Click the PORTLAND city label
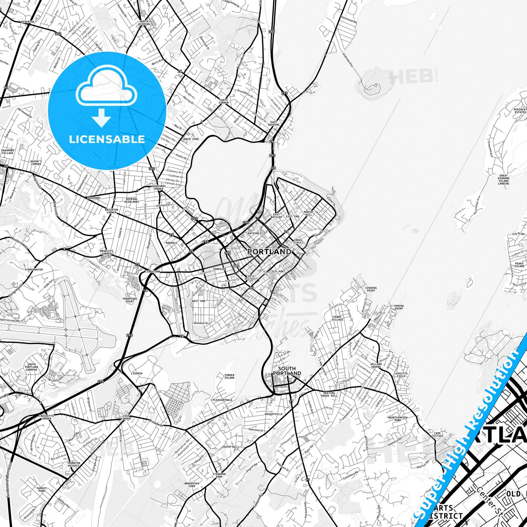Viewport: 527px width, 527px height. pos(269,252)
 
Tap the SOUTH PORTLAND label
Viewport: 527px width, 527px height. pos(287,371)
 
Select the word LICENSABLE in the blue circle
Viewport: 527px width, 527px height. pos(107,139)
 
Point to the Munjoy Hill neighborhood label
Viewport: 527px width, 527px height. pos(308,213)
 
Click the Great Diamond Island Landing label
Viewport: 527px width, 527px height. pos(504,179)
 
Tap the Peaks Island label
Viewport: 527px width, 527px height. pos(519,265)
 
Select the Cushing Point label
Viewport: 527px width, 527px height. pos(371,289)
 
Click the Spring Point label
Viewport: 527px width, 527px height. pos(399,307)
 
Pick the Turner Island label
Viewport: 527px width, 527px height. pos(229,376)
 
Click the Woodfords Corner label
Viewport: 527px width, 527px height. pos(158,187)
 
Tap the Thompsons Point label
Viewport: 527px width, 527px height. pos(130,300)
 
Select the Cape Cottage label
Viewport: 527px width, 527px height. pos(437,434)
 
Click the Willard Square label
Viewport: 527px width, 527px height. pos(376,365)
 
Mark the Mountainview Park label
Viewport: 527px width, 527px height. pos(398,419)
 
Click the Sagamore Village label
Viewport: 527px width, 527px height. pos(8,152)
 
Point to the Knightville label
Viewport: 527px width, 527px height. pos(274,414)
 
